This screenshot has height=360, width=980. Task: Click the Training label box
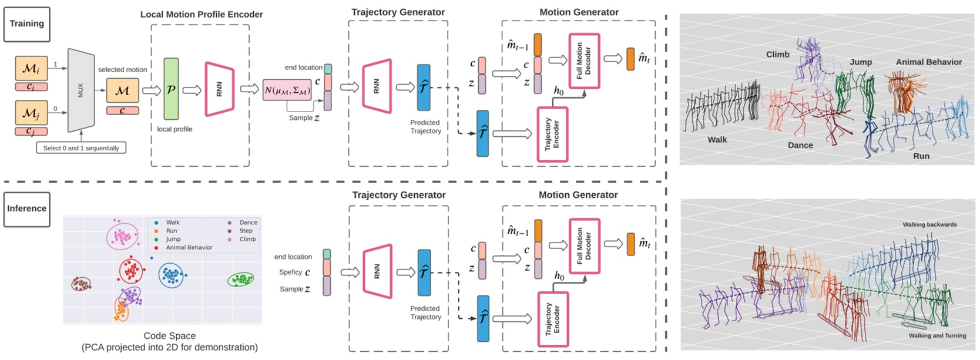(26, 24)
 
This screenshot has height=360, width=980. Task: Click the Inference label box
(26, 209)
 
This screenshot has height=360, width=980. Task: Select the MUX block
(81, 90)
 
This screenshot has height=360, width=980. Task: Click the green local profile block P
(171, 89)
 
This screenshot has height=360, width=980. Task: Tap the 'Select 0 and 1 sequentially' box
(81, 148)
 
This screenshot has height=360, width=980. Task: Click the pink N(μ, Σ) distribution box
(287, 90)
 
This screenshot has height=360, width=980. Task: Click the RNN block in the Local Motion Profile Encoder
(219, 89)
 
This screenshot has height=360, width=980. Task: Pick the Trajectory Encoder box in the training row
(552, 134)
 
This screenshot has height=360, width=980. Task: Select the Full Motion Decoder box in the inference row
(584, 246)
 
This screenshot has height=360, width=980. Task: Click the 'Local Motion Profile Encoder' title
(202, 14)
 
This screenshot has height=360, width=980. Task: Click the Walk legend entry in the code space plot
(172, 223)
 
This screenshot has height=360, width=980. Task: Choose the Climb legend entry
(247, 239)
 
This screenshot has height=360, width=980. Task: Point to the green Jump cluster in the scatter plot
(241, 280)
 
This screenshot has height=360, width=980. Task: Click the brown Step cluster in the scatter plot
(81, 284)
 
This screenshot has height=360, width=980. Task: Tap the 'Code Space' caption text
(169, 336)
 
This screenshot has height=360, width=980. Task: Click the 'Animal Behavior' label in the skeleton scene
(928, 62)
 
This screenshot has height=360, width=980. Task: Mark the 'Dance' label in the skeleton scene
(800, 145)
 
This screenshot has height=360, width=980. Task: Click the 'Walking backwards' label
(929, 224)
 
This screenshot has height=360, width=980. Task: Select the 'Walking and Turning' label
(937, 335)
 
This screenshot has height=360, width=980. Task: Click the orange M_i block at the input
(31, 69)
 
